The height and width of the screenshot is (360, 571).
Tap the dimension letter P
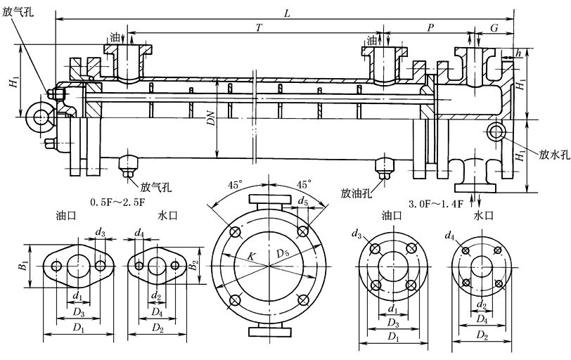(430, 27)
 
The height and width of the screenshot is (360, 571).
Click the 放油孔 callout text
(357, 191)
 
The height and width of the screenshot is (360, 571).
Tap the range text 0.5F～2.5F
(118, 203)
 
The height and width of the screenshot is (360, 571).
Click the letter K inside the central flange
(250, 257)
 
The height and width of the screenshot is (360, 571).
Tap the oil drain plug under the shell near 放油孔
(384, 167)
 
